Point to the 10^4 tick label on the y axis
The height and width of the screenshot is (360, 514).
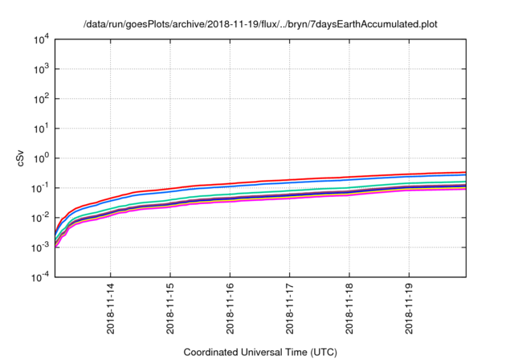(x=40, y=39)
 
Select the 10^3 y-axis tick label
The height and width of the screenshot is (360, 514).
(x=40, y=69)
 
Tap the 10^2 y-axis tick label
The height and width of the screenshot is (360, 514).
(x=40, y=99)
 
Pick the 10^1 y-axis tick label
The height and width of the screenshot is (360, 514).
(x=40, y=129)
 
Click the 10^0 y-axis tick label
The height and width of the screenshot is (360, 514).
(x=40, y=158)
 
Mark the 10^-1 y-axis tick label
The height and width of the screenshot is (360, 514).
(x=39, y=188)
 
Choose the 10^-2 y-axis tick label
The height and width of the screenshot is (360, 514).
(x=39, y=218)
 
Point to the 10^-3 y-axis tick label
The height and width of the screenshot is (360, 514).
(x=39, y=247)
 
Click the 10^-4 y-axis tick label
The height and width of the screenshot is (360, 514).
(x=39, y=277)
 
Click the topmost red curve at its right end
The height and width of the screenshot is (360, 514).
(x=464, y=172)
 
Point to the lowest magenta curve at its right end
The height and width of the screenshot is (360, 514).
(x=464, y=189)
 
